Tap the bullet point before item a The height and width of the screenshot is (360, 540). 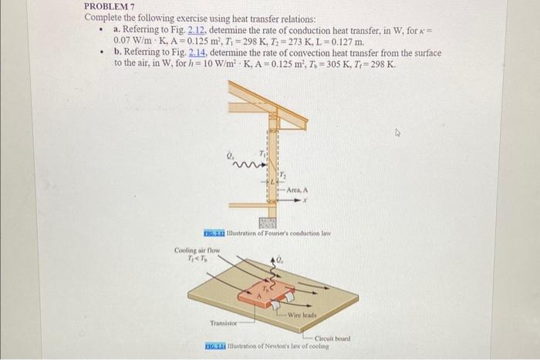click(x=101, y=29)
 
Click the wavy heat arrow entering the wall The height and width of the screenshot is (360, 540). click(x=248, y=163)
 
